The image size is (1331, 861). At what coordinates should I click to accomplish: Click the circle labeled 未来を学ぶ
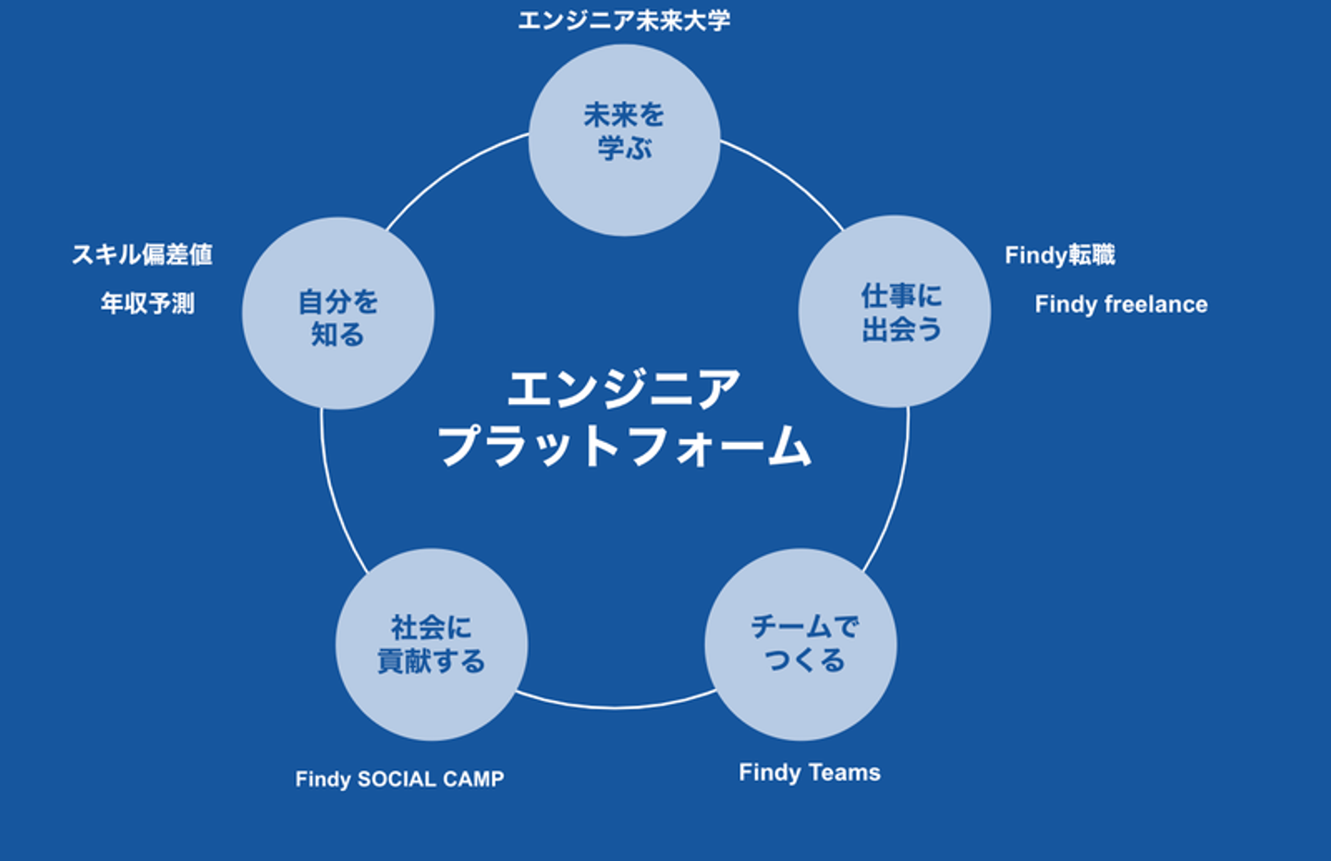coord(624,140)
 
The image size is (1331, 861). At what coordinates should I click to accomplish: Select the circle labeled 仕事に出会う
coord(894,312)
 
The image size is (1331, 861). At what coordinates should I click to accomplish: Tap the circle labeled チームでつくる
coord(800,644)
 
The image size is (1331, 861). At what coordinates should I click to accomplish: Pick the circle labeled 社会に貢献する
coord(431,644)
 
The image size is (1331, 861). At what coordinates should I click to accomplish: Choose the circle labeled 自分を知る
coord(338,314)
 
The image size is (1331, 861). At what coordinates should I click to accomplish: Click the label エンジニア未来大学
coord(624,19)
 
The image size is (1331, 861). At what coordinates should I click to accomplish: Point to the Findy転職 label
coord(1059,254)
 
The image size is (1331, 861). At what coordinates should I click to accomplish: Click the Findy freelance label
coord(1120,304)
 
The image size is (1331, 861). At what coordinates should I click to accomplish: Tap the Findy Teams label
coord(810,772)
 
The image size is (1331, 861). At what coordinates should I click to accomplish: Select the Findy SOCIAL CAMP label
coord(399,779)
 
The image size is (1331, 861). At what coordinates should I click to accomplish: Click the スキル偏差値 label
coord(142,254)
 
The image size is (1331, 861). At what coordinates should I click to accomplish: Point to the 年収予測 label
coord(148,303)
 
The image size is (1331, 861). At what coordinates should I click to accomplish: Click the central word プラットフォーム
coord(624,446)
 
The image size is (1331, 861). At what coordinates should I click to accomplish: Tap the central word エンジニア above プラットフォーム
coord(624,388)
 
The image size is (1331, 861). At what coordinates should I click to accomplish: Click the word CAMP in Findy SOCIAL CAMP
coord(473,779)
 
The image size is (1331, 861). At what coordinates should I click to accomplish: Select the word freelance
coord(1155,304)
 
